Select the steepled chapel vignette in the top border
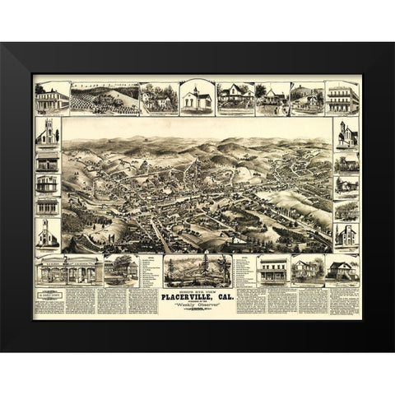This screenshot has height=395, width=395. click(197, 98)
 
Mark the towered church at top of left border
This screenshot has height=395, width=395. click(49, 132)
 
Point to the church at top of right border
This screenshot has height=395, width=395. click(346, 133)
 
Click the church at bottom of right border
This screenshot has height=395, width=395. click(346, 235)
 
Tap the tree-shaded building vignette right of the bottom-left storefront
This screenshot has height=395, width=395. click(119, 269)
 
